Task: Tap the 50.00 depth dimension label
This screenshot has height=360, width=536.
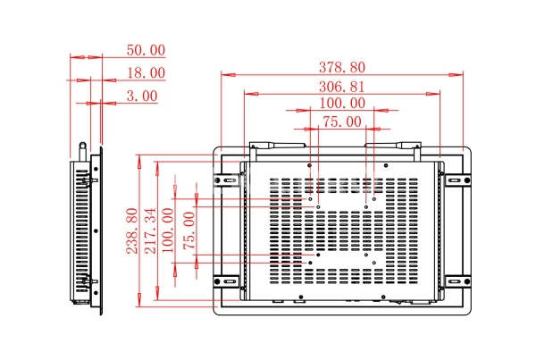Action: click(146, 51)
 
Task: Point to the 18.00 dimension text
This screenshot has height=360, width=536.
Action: click(146, 72)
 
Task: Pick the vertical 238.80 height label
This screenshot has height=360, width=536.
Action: click(131, 231)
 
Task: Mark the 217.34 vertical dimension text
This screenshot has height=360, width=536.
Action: click(150, 231)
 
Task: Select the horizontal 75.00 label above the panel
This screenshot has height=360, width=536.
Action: click(341, 122)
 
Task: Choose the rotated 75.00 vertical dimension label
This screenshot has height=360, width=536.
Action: click(188, 231)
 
